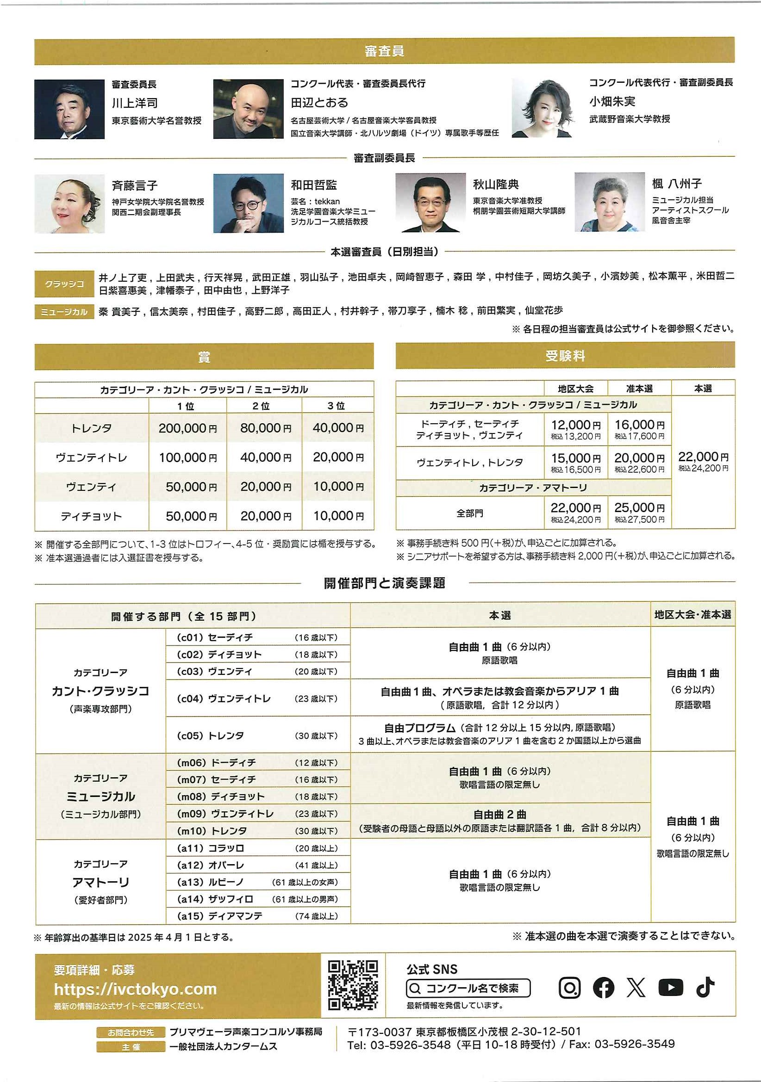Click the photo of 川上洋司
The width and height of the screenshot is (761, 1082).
[x=69, y=109]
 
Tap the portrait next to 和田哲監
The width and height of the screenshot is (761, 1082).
[x=248, y=203]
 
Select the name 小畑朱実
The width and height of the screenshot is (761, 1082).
[x=612, y=101]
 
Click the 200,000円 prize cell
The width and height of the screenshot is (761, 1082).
[x=187, y=428]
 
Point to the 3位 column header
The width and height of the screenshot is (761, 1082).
[x=336, y=406]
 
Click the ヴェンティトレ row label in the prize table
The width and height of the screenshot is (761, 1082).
[x=92, y=457]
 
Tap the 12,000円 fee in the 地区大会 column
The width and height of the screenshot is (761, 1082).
[x=576, y=425]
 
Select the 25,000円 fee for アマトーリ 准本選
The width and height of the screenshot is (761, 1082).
[x=639, y=508]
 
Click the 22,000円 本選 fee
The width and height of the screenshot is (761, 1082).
[x=703, y=457]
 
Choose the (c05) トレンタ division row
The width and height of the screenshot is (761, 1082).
[x=257, y=735]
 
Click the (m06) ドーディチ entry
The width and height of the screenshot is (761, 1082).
[x=257, y=762]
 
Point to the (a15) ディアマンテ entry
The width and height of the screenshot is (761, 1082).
[x=257, y=915]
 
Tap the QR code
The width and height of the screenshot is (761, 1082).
[x=353, y=985]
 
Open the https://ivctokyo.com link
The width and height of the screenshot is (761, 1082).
[x=135, y=988]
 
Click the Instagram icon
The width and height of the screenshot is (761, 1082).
[x=569, y=987]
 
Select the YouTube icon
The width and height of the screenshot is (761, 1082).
[x=670, y=987]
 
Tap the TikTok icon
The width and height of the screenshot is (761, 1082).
[x=705, y=987]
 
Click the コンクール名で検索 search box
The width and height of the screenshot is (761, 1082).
[x=468, y=988]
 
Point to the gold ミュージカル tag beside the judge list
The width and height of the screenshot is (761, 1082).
[x=64, y=311]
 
